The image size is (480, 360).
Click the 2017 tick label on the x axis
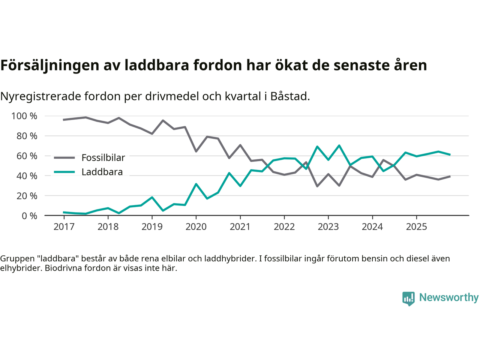64,226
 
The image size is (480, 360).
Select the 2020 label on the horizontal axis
196,226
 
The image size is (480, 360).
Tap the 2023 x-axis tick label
328,226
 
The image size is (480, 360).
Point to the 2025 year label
416,226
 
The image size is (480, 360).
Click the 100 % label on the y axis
24,116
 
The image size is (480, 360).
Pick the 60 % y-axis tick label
27,156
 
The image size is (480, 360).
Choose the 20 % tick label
27,196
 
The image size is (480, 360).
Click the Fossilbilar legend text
103,158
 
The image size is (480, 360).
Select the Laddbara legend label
102,172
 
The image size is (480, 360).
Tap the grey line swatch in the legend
64,158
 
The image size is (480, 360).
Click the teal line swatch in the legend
64,172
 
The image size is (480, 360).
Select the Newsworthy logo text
448,297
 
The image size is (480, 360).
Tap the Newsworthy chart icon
408,298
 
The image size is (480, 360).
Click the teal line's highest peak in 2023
339,145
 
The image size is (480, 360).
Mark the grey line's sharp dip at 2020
196,151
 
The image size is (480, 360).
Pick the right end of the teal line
449,154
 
